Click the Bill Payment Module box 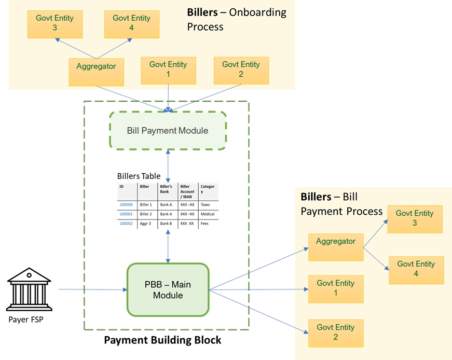(x=168, y=130)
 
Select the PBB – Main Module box (x=168, y=290)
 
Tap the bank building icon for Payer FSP (x=29, y=290)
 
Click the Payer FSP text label (x=26, y=320)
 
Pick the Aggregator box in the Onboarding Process (x=96, y=71)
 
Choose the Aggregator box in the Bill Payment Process (x=336, y=246)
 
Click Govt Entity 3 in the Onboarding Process (x=54, y=23)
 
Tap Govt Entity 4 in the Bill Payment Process (x=416, y=269)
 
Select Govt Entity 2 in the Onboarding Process (x=241, y=70)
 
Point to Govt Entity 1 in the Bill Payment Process (x=336, y=288)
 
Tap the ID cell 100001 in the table (x=126, y=214)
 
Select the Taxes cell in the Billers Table (x=206, y=205)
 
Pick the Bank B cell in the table (x=166, y=224)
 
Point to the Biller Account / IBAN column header (x=187, y=191)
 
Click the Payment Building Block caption (x=162, y=340)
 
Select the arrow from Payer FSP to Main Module (x=93, y=289)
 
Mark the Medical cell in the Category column (x=207, y=214)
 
